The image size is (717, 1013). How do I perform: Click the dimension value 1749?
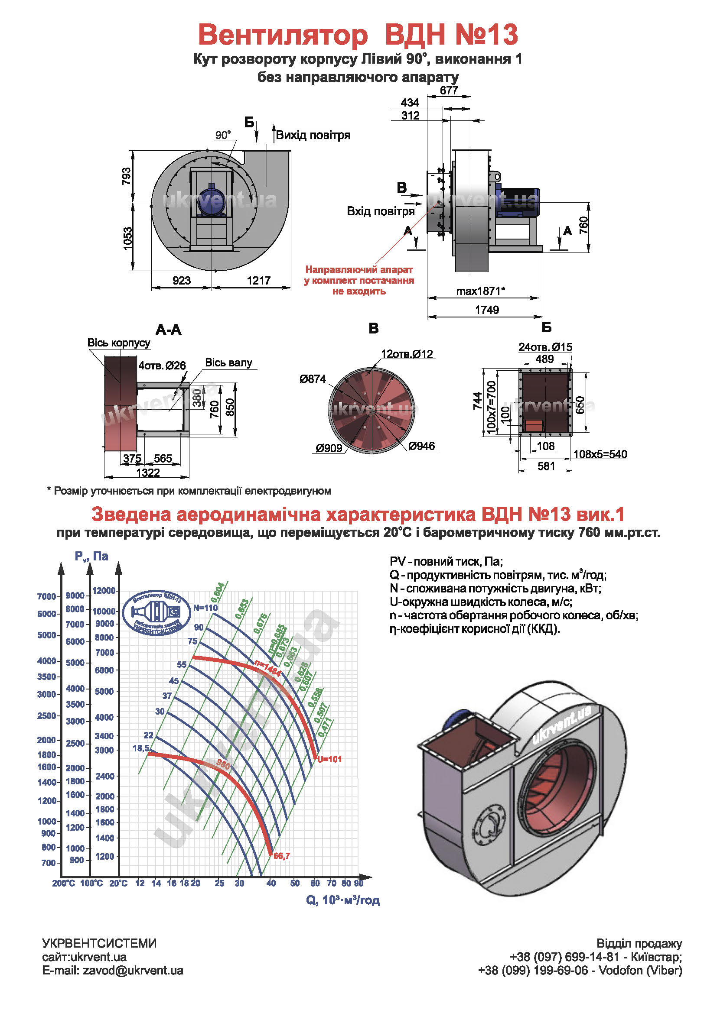pos(486,310)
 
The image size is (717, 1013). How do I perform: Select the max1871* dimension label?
pos(480,291)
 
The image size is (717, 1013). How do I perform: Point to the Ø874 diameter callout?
pos(313,379)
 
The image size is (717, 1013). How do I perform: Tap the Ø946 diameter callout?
pos(421,446)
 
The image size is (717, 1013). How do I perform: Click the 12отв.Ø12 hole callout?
pos(407,354)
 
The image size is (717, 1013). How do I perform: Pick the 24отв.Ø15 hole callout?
pos(545,347)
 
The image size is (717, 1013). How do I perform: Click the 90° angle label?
pos(223,135)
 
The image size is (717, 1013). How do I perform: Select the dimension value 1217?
pos(258,280)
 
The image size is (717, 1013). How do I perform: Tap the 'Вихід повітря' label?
pos(313,135)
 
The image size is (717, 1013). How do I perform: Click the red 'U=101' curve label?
pos(329,759)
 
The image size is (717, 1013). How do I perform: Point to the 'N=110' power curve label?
pos(205,608)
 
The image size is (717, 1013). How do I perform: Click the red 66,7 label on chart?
pos(282,856)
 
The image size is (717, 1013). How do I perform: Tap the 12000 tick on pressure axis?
pos(104,591)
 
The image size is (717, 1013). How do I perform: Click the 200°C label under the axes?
pos(64,883)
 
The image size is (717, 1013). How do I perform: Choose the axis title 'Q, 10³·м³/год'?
pos(342,900)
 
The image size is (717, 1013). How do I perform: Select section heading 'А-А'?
pos(168,330)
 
